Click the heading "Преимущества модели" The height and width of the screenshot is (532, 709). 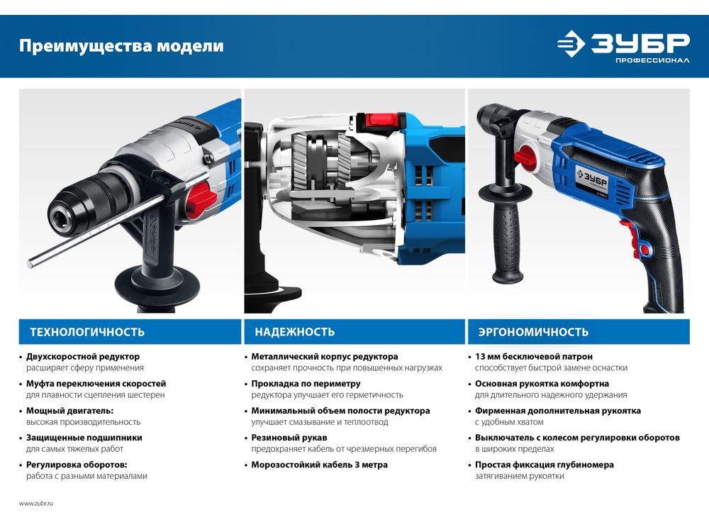click(x=121, y=46)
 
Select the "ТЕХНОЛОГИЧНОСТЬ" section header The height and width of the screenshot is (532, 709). click(x=87, y=332)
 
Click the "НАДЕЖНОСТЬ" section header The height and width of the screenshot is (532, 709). click(x=295, y=332)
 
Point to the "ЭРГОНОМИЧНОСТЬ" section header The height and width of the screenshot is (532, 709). click(x=534, y=332)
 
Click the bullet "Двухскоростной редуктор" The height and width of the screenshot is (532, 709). click(x=83, y=357)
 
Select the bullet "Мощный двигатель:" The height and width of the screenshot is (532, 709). click(x=69, y=411)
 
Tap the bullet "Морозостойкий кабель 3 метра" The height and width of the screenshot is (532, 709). click(x=319, y=465)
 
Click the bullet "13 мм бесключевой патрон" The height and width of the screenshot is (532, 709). click(x=534, y=357)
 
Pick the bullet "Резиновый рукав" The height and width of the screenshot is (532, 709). click(x=289, y=438)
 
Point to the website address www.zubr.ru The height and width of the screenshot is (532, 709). click(x=36, y=503)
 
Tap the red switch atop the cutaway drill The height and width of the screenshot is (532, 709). click(x=382, y=120)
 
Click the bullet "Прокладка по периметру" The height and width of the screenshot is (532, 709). click(x=306, y=384)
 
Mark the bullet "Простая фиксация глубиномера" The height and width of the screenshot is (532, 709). click(x=545, y=465)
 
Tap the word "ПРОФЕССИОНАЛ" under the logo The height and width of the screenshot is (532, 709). click(x=652, y=60)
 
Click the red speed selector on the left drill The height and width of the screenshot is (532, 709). click(x=199, y=199)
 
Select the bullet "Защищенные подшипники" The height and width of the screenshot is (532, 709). click(x=84, y=438)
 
